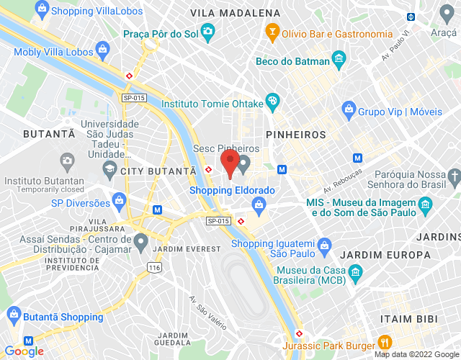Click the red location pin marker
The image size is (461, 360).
pyautogui.click(x=230, y=163)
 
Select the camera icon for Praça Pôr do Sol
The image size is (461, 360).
pyautogui.click(x=208, y=32)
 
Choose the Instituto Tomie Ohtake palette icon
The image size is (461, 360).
pyautogui.click(x=272, y=101)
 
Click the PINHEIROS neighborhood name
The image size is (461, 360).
pyautogui.click(x=295, y=135)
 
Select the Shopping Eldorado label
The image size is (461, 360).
pyautogui.click(x=232, y=190)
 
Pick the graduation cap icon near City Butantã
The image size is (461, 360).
pyautogui.click(x=109, y=170)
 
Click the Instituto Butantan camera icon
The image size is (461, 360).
pyautogui.click(x=66, y=160)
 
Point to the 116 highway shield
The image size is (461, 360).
pyautogui.click(x=153, y=268)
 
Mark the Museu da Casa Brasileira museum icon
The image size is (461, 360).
pyautogui.click(x=354, y=271)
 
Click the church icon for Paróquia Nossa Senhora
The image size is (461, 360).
pyautogui.click(x=453, y=175)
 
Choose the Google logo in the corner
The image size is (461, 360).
pyautogui.click(x=24, y=351)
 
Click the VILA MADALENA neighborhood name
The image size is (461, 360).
pyautogui.click(x=235, y=14)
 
